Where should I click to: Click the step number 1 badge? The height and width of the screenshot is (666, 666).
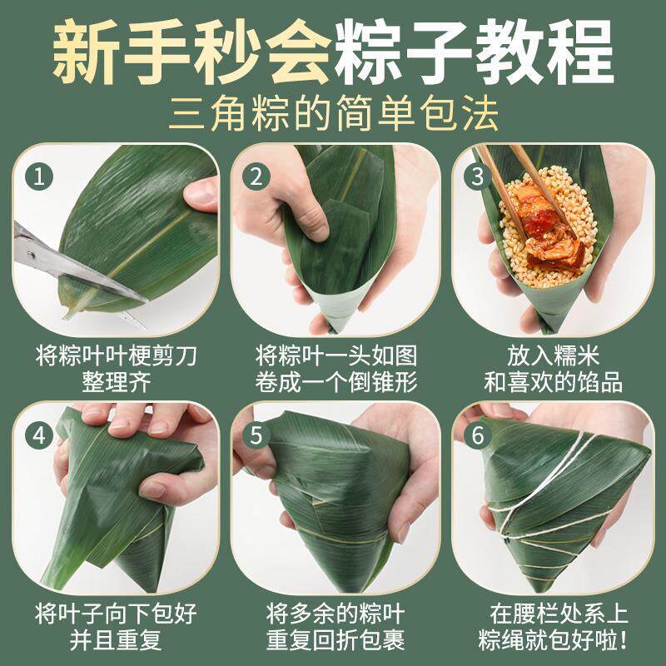coord(38,176)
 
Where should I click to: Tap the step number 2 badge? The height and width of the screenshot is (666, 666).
coord(256,176)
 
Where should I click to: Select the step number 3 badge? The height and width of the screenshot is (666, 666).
coord(477,176)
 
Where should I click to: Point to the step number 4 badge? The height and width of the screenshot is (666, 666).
coord(38,435)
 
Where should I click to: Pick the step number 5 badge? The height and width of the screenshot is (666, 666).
coord(256,435)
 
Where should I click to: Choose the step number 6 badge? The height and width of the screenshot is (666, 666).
coord(477,435)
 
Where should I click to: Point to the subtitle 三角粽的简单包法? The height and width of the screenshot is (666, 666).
coord(334,113)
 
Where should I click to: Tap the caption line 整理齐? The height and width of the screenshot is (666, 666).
coord(117,382)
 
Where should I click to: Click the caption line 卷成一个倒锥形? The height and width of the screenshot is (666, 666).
coord(336,382)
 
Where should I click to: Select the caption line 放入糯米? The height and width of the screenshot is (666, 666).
coord(553,355)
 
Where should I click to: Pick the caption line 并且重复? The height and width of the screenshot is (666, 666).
coord(116,639)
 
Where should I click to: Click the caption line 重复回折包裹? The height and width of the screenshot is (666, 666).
coord(335,639)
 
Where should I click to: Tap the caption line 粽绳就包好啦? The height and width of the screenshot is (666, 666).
coord(553,639)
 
